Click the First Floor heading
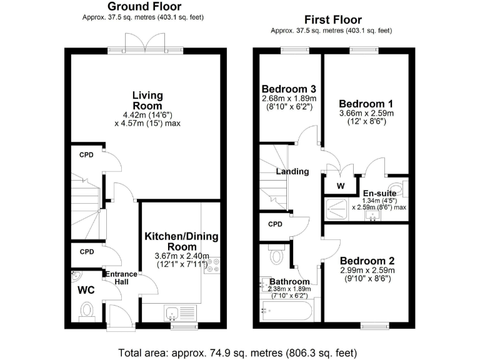point(332,20)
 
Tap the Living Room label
point(147,101)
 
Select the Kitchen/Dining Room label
point(179,242)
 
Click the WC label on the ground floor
point(86,291)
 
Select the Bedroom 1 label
point(366,103)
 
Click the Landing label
point(292,171)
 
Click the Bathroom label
point(288,281)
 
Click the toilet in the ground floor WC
point(86,309)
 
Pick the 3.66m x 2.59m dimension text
point(366,113)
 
